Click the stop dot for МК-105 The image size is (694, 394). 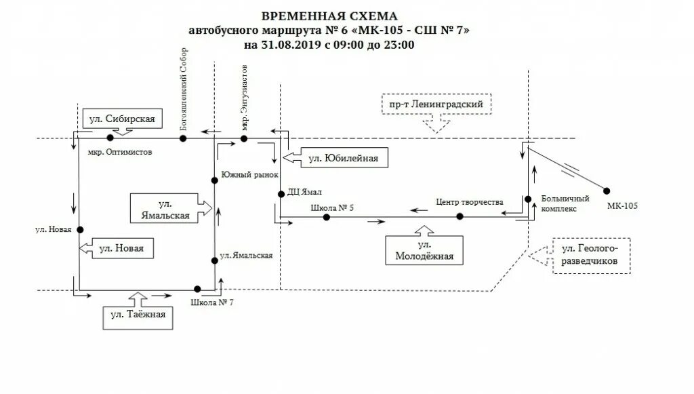coord(606,191)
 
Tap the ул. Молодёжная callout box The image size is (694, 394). coord(424,250)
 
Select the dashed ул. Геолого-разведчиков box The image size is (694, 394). coord(591,256)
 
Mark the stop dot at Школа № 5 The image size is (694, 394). coord(327,218)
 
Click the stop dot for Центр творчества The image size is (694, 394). coord(460,217)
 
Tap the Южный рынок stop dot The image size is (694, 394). coord(214,180)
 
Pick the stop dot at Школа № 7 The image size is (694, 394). coord(197,288)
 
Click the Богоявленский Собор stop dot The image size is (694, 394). coord(182,138)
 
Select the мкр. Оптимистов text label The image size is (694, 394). coord(120,153)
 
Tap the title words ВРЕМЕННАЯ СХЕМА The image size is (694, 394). coord(330,16)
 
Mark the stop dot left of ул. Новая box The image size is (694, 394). coord(80,230)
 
